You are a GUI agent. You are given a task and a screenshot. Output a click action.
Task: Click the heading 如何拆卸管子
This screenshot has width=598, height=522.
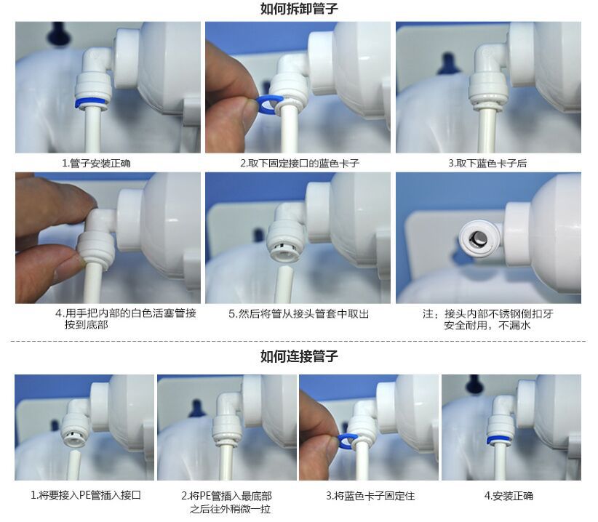tap(299, 9)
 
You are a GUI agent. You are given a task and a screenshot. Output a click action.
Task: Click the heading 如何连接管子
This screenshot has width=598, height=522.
tap(299, 356)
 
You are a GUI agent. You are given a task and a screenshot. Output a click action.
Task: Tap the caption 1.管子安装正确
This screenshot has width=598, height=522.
tap(96, 164)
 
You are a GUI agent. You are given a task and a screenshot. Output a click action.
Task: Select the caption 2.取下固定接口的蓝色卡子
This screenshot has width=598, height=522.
tap(300, 164)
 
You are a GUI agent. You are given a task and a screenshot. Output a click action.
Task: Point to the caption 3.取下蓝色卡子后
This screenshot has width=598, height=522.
tap(487, 164)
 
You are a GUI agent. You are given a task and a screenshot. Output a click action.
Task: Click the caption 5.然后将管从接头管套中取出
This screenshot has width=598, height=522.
tap(298, 314)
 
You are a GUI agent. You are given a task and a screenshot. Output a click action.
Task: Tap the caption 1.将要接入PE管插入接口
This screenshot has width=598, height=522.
tap(86, 495)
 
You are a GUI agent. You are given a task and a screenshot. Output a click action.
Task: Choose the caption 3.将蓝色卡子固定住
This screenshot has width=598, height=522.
tap(370, 496)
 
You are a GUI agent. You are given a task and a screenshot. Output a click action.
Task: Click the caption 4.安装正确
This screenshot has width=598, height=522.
tap(509, 496)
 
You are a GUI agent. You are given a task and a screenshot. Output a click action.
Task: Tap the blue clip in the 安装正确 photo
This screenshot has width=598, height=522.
tap(501, 440)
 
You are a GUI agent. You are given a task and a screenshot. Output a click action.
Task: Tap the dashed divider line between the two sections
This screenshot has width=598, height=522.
tap(298, 341)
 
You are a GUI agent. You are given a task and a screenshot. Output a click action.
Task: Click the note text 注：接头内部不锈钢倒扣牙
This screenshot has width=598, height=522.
tap(487, 314)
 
